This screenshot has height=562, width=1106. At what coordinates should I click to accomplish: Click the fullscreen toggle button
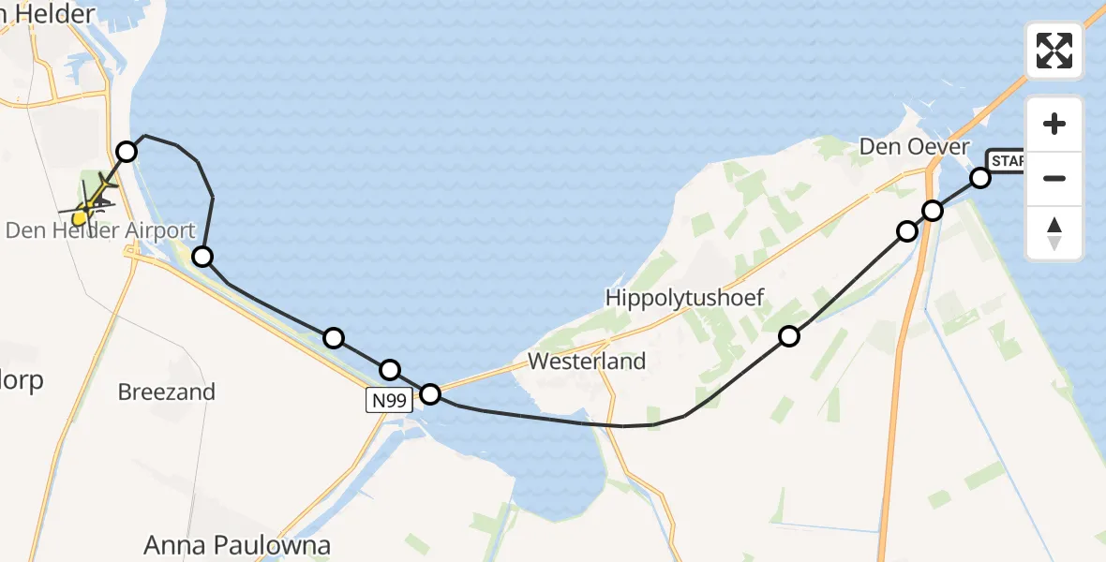pyautogui.click(x=1054, y=51)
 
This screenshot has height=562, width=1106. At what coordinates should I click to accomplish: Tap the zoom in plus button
pyautogui.click(x=1054, y=124)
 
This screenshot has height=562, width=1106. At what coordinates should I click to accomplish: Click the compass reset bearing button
pyautogui.click(x=1054, y=233)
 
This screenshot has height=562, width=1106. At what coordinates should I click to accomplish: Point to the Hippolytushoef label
pyautogui.click(x=685, y=299)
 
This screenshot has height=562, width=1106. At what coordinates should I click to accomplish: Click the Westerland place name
pyautogui.click(x=587, y=361)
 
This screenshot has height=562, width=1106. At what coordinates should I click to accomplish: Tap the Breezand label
pyautogui.click(x=167, y=392)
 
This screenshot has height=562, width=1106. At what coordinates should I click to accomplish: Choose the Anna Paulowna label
pyautogui.click(x=238, y=545)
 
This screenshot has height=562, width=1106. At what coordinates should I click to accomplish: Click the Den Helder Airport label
pyautogui.click(x=100, y=230)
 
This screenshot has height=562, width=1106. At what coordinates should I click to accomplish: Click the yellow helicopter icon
pyautogui.click(x=86, y=204)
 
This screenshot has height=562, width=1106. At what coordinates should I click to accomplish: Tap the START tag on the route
pyautogui.click(x=1005, y=160)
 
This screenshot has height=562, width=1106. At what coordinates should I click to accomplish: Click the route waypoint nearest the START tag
pyautogui.click(x=979, y=177)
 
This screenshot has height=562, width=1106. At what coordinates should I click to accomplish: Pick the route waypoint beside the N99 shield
pyautogui.click(x=429, y=393)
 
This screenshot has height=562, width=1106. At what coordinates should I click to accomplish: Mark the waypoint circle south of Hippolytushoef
pyautogui.click(x=789, y=336)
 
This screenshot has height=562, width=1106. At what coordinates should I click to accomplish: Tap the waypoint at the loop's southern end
pyautogui.click(x=202, y=256)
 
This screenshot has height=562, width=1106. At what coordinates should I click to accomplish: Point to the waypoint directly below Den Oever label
pyautogui.click(x=907, y=230)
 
